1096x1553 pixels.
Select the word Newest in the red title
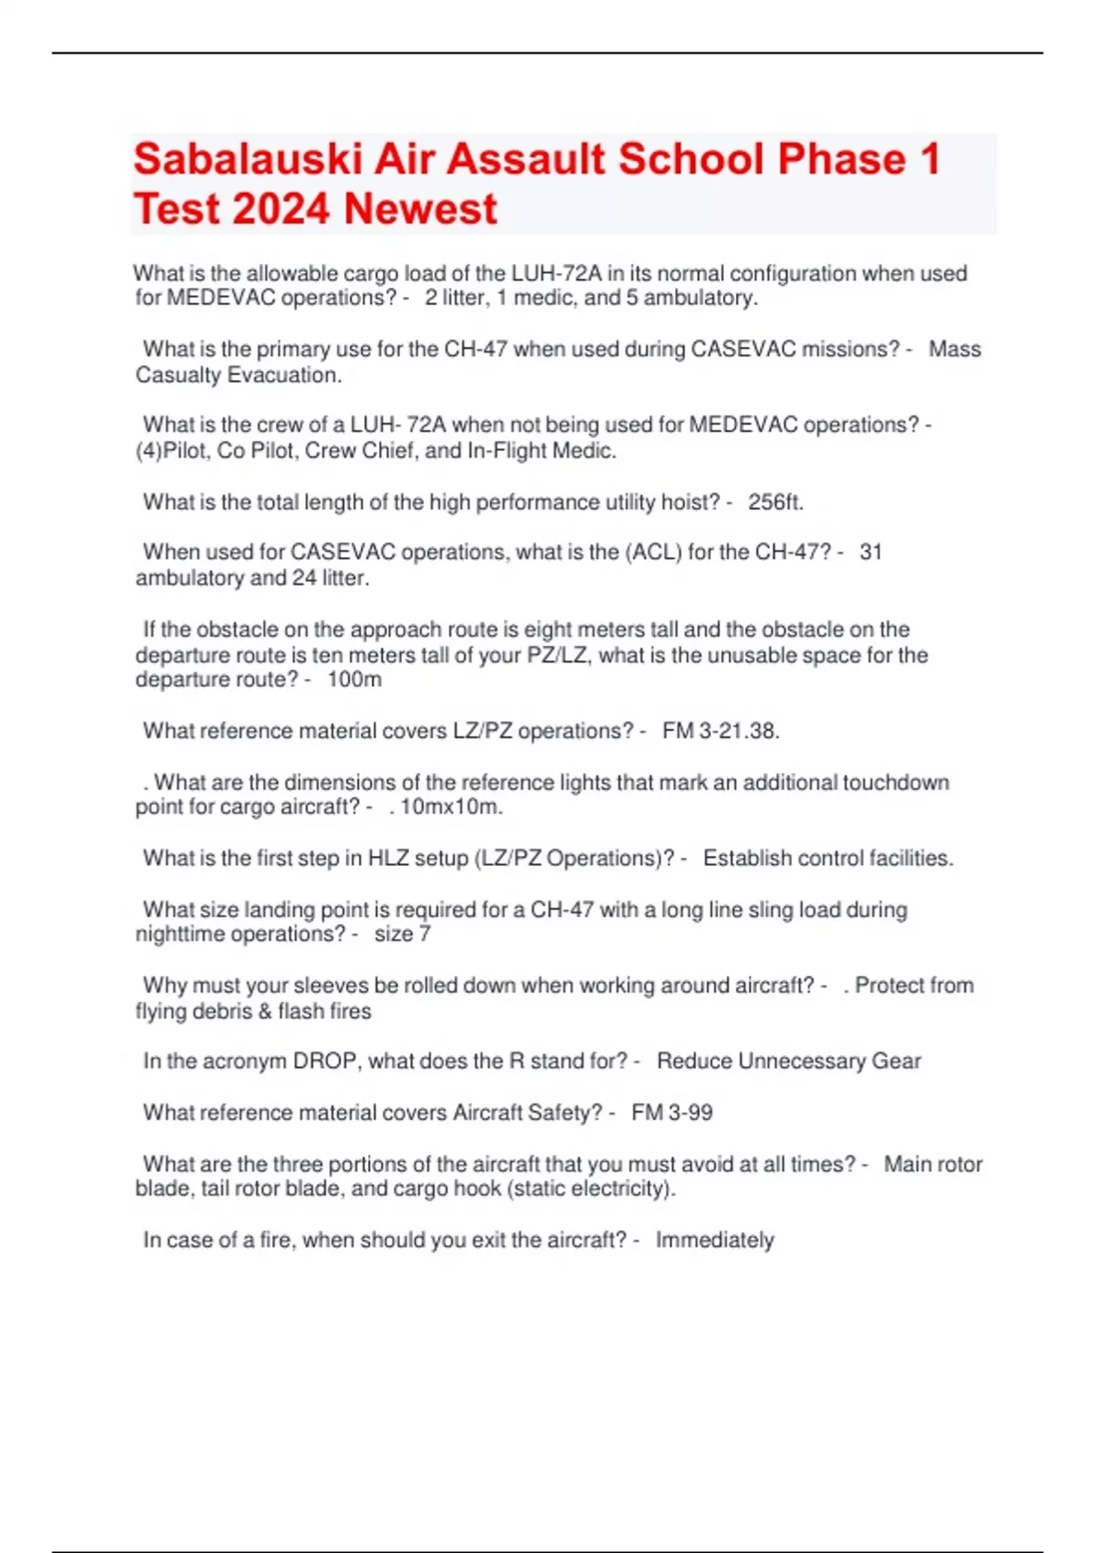pyautogui.click(x=421, y=209)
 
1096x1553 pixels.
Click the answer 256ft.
pyautogui.click(x=775, y=502)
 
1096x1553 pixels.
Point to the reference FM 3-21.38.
pyautogui.click(x=721, y=731)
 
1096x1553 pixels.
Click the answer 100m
pyautogui.click(x=354, y=680)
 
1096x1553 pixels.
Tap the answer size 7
pyautogui.click(x=402, y=935)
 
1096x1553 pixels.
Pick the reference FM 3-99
pyautogui.click(x=671, y=1113)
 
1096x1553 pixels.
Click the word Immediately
pyautogui.click(x=714, y=1241)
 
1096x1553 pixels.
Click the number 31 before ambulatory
pyautogui.click(x=870, y=553)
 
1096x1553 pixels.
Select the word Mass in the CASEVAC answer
pyautogui.click(x=954, y=350)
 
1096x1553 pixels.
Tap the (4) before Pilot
pyautogui.click(x=148, y=451)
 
